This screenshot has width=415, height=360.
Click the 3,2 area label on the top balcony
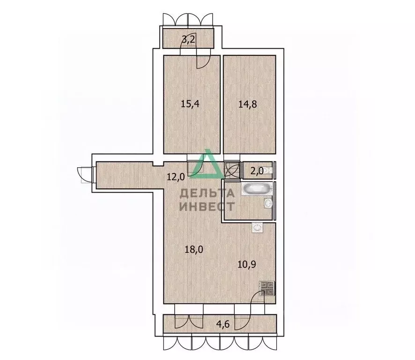[x=188, y=40]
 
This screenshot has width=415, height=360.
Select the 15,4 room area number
[x=190, y=104]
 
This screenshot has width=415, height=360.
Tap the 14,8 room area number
[x=247, y=104]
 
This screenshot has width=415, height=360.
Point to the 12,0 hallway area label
[x=176, y=177]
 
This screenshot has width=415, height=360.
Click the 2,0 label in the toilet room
[x=257, y=171]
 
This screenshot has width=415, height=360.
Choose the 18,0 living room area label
[x=194, y=249]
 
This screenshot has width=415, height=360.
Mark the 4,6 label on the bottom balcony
[x=223, y=324]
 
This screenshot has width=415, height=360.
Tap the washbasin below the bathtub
[x=268, y=203]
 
